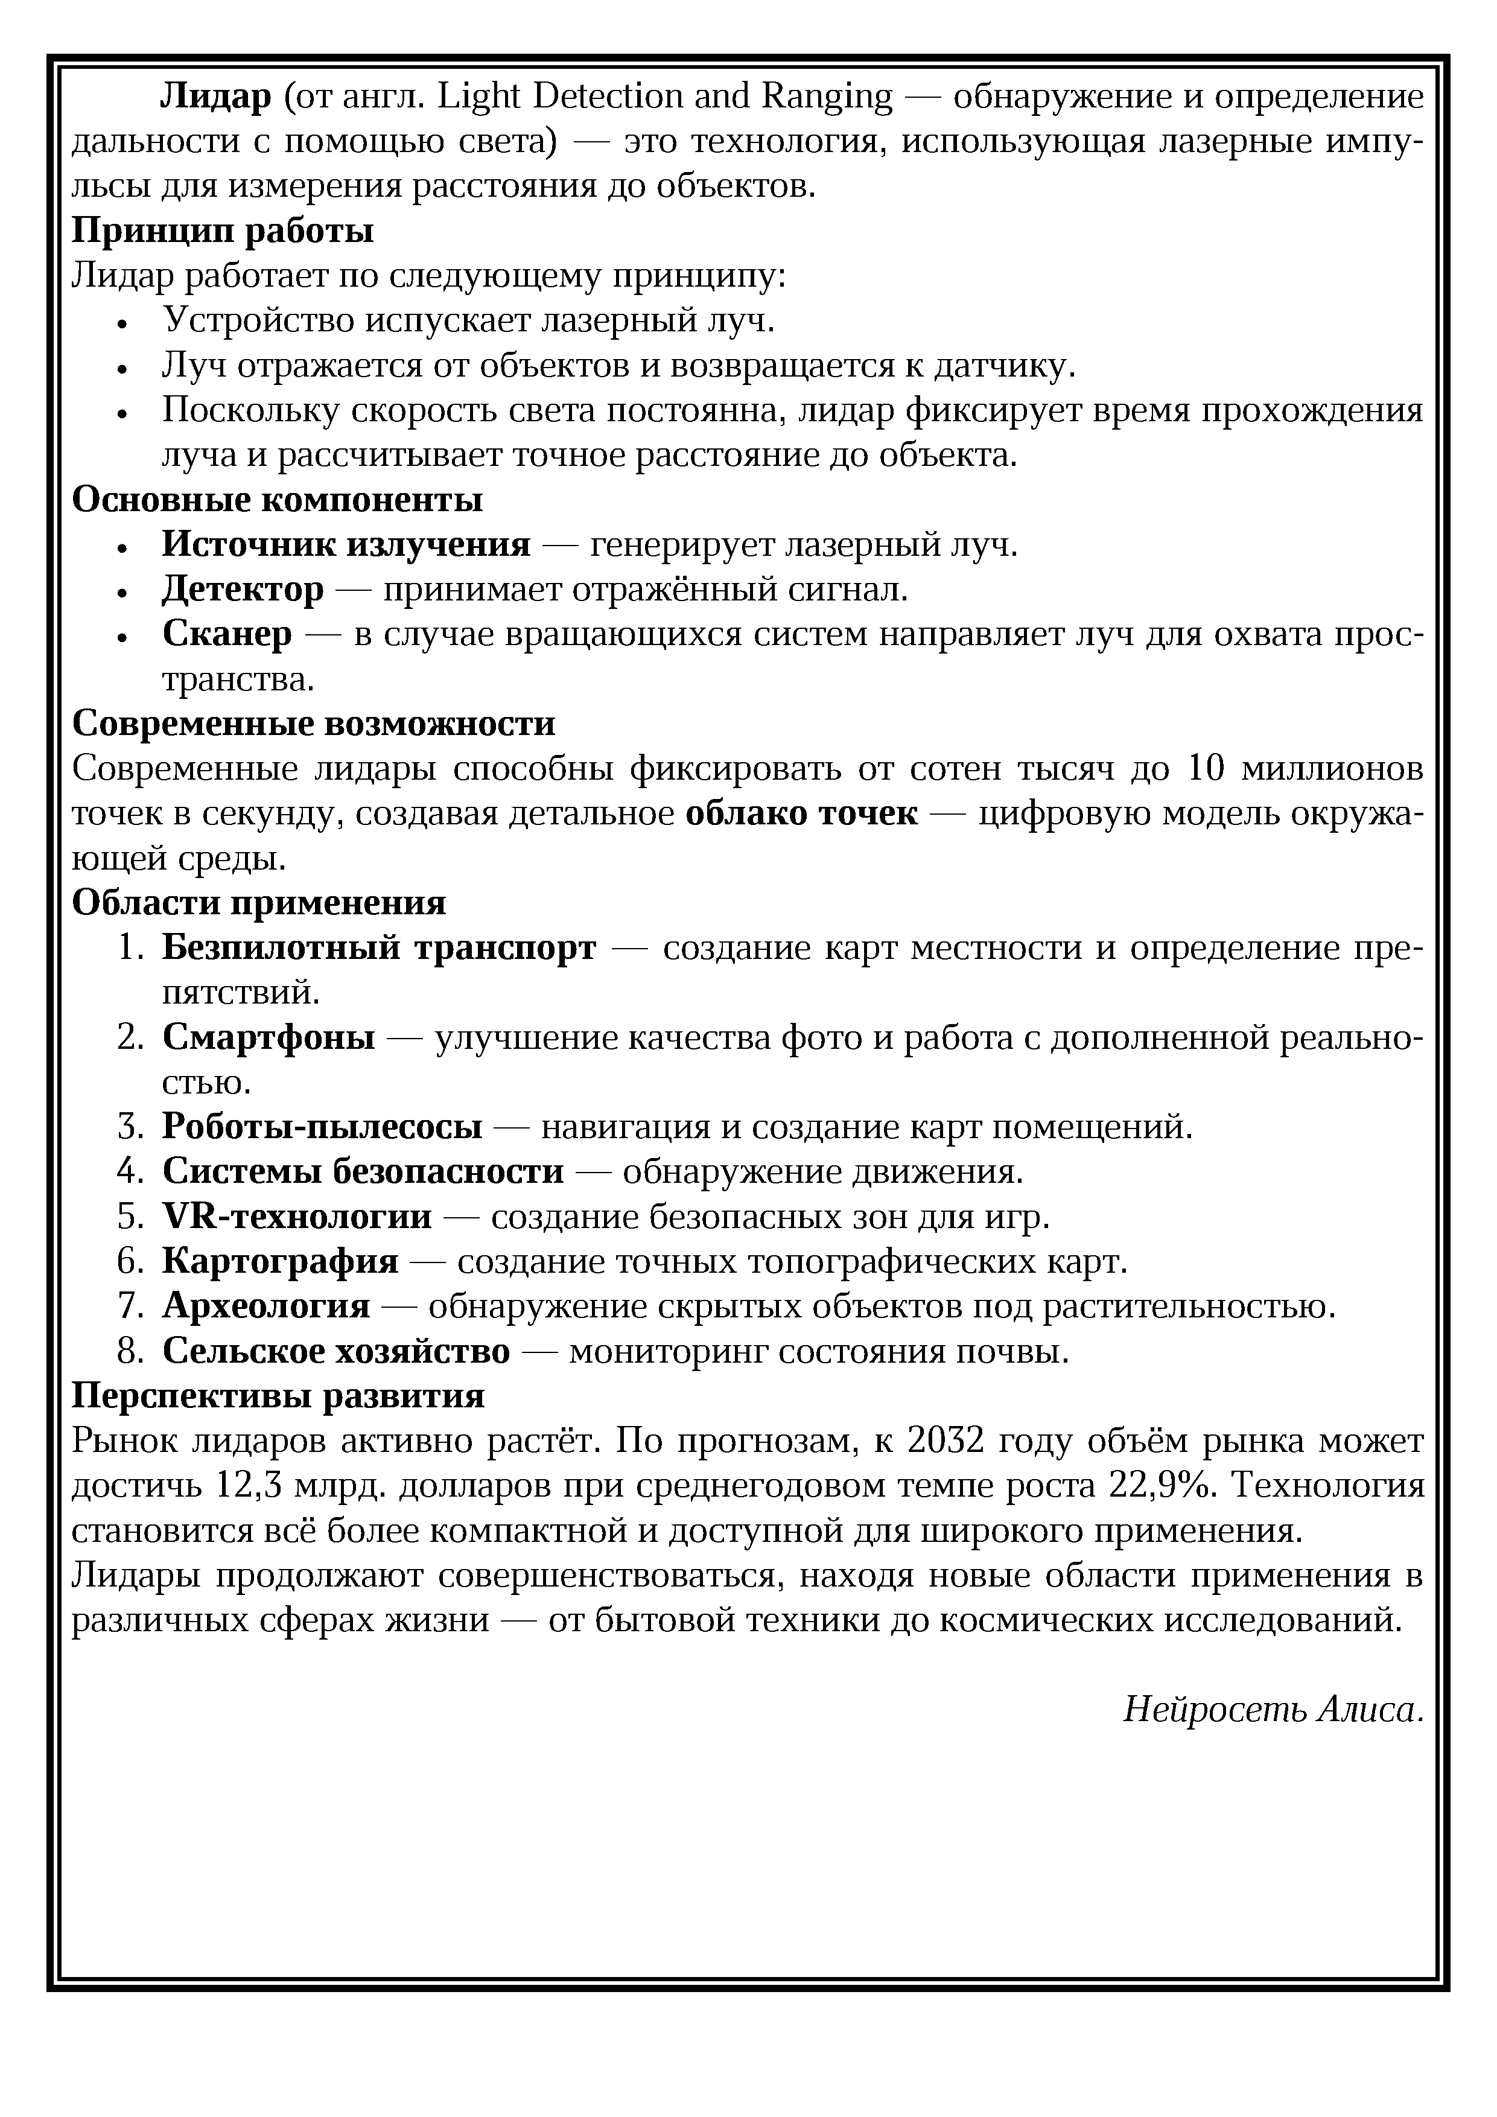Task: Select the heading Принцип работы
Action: pyautogui.click(x=223, y=231)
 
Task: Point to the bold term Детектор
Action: pyautogui.click(x=243, y=589)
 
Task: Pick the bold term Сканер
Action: pyautogui.click(x=227, y=634)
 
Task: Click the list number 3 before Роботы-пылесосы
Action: pyautogui.click(x=130, y=1127)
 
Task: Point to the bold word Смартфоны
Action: pyautogui.click(x=269, y=1038)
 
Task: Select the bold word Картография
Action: pyautogui.click(x=280, y=1261)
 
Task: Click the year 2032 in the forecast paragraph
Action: pyautogui.click(x=947, y=1441)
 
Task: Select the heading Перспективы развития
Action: pyautogui.click(x=278, y=1396)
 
